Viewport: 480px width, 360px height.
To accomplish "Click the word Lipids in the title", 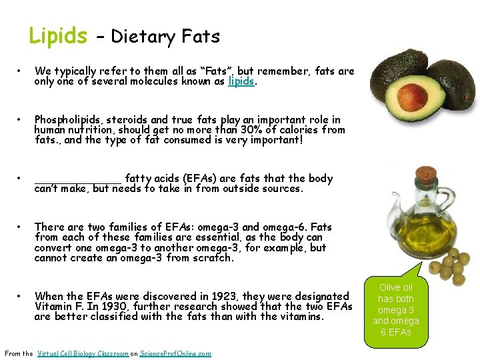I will point(58,35).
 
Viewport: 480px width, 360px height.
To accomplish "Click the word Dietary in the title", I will point(140,36).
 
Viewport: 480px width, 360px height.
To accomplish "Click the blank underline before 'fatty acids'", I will point(78,179).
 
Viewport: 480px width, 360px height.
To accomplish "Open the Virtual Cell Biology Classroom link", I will point(83,353).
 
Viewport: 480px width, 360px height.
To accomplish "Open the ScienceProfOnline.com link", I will point(175,353).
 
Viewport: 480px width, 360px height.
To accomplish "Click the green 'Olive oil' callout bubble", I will point(395,309).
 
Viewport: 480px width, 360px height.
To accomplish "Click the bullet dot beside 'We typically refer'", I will point(22,71).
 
